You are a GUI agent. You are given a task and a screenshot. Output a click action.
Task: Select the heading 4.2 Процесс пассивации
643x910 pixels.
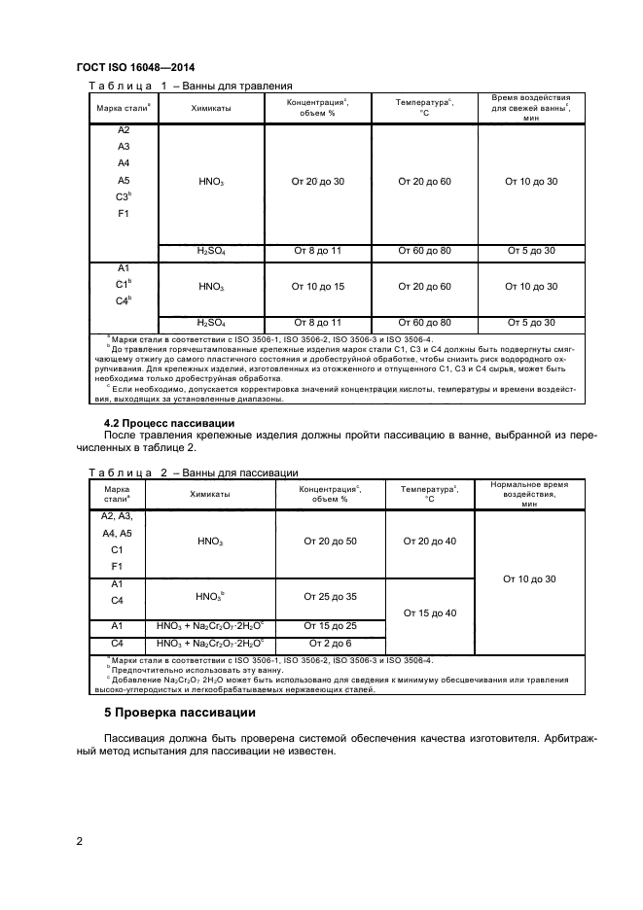click(169, 423)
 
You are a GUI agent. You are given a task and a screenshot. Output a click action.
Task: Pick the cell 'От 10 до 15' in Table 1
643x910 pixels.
click(318, 287)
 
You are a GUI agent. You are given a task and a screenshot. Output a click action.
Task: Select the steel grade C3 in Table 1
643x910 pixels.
click(123, 196)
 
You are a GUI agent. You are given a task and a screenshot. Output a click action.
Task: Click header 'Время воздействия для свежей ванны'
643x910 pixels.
click(530, 108)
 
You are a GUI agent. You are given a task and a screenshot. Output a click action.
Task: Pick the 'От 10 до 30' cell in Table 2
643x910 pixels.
click(529, 578)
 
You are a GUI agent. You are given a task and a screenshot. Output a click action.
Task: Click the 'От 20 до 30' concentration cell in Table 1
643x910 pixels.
click(318, 182)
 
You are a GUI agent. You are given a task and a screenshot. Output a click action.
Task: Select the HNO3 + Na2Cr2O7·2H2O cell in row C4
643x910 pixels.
click(210, 644)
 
